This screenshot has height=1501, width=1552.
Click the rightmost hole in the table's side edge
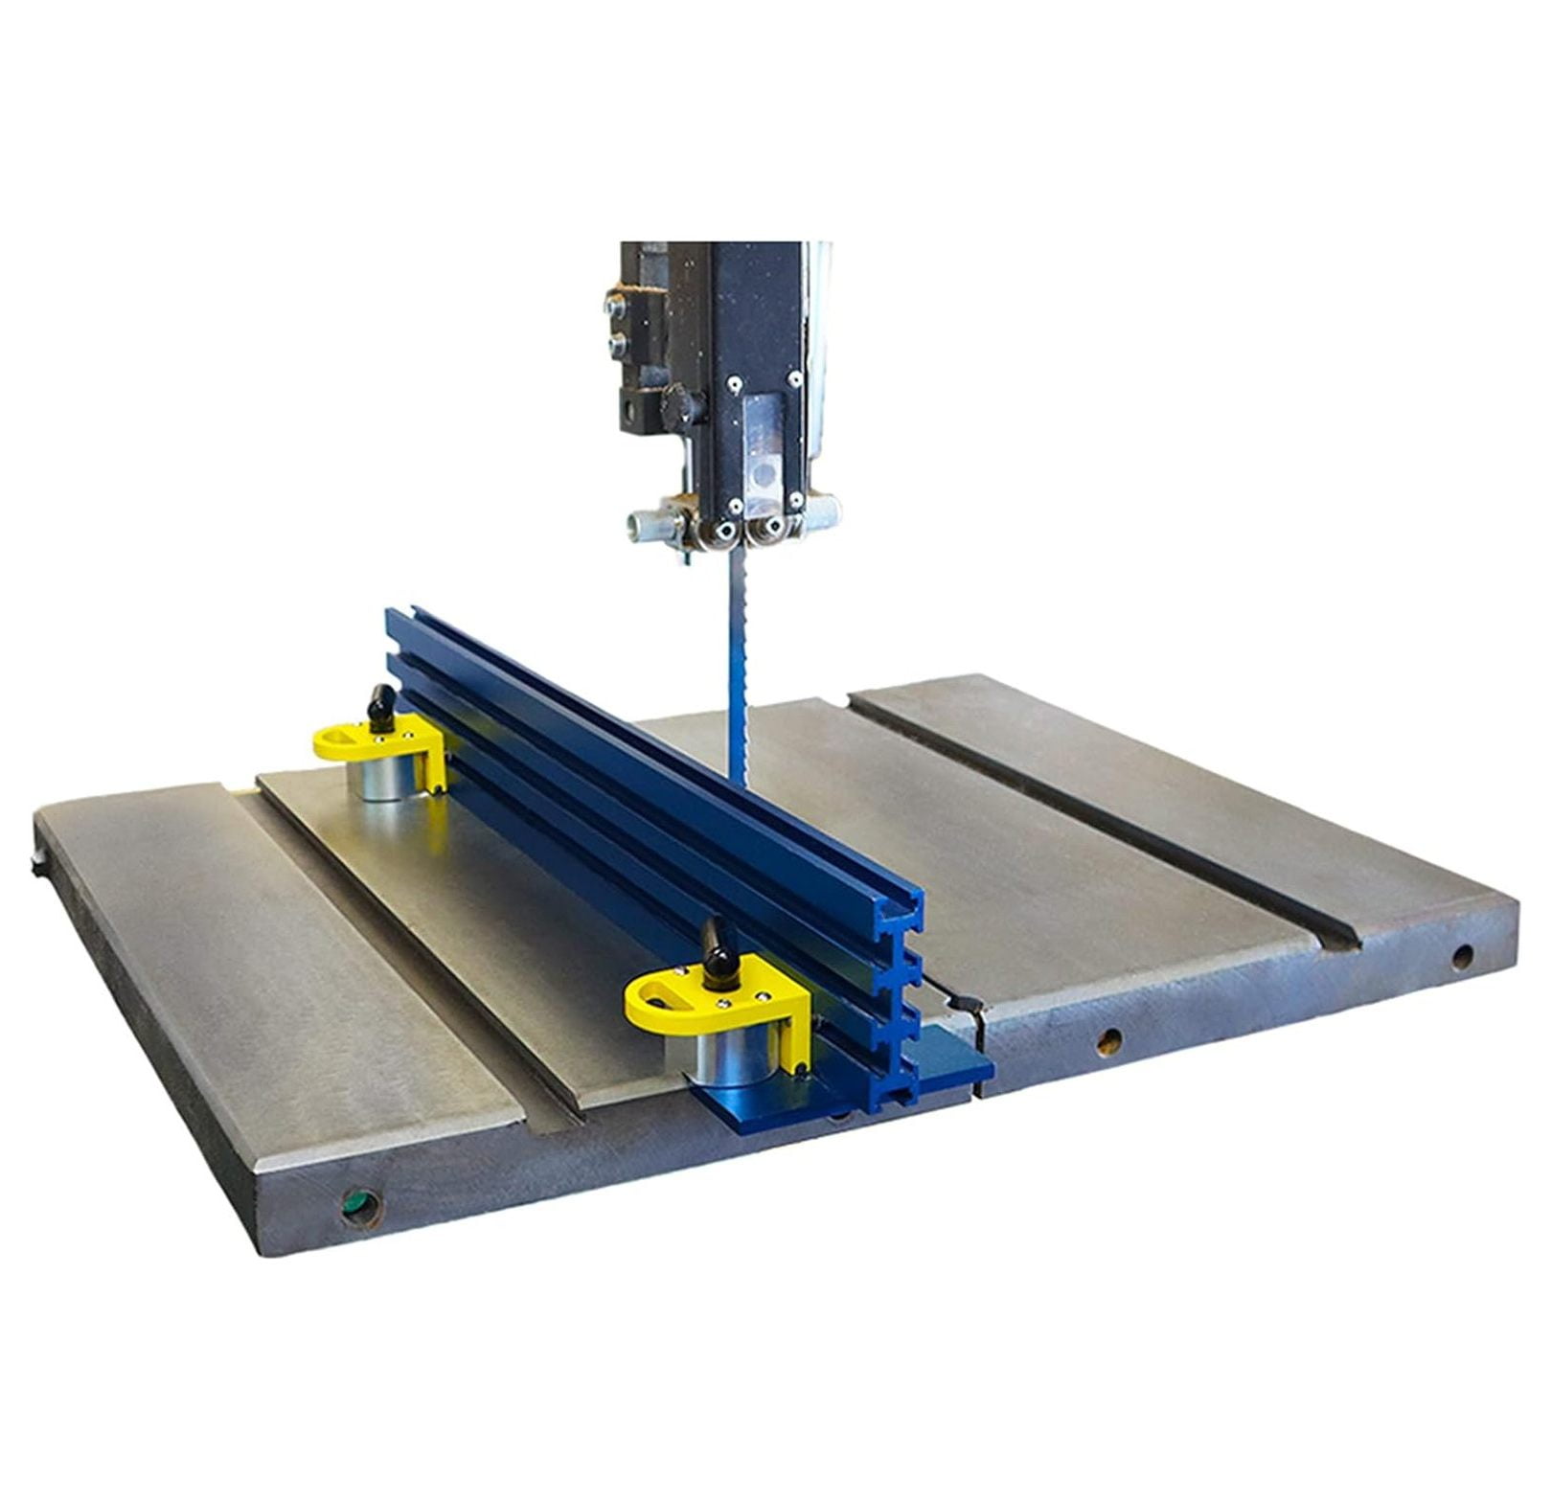tap(1462, 955)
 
